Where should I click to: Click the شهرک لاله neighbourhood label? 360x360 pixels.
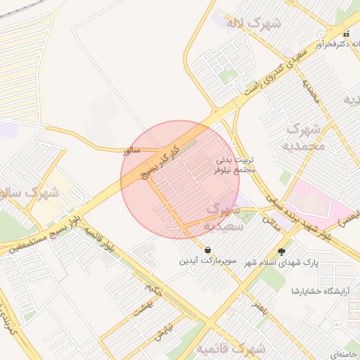(252, 22)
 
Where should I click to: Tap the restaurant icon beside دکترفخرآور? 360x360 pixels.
(345, 33)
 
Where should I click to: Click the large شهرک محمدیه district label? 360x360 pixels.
(303, 138)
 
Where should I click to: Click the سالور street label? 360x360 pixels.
(131, 150)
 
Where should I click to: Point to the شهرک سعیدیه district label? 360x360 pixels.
(224, 217)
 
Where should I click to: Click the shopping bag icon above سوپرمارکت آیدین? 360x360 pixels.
(208, 250)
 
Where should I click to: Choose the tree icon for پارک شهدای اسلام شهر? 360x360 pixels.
(282, 251)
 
